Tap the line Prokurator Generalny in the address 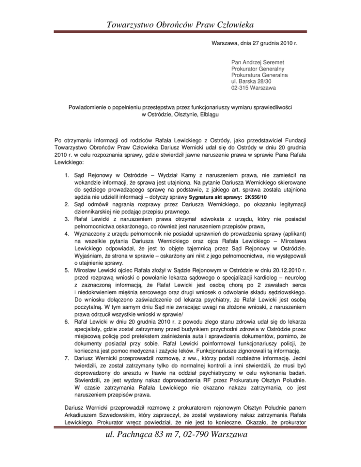(257, 68)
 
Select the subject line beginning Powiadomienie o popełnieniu (180, 106)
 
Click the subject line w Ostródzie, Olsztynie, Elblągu (180, 113)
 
